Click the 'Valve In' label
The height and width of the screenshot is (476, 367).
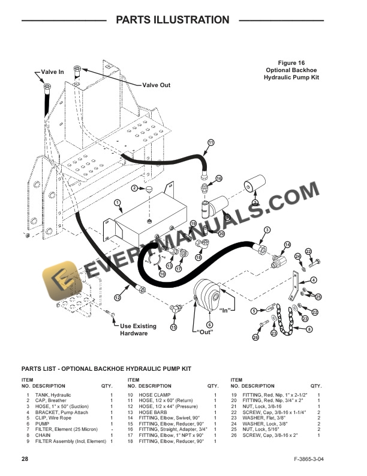point(52,72)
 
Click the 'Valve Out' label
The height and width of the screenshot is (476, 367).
point(156,85)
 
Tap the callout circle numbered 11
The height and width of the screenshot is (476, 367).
point(210,142)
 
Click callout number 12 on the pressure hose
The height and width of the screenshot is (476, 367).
point(118,297)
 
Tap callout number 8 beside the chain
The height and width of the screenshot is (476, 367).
point(309,329)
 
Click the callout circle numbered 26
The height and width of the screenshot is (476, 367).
point(255,338)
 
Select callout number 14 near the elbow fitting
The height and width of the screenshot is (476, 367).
point(287,244)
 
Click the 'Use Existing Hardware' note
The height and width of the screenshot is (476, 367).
point(138,330)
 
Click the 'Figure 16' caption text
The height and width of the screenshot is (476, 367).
point(292,63)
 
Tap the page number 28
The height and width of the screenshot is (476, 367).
point(25,459)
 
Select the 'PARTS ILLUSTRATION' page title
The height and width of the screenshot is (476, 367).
point(172,20)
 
